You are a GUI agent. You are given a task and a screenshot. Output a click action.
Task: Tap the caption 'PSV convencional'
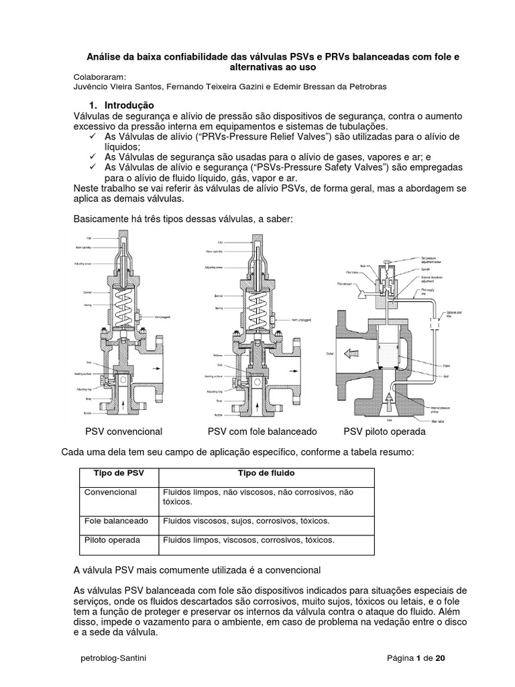click(x=123, y=431)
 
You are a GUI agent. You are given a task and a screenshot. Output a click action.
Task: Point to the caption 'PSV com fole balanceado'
click(x=262, y=431)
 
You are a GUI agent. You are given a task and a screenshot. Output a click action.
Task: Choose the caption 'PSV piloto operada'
click(x=384, y=431)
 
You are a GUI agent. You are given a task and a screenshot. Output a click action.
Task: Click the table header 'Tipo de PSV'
click(x=116, y=473)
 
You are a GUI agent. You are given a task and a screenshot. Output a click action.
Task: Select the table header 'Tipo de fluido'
click(x=266, y=473)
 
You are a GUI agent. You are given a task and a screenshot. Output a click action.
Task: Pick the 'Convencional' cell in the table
click(x=111, y=492)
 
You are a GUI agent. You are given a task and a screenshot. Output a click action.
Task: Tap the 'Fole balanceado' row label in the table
click(x=117, y=521)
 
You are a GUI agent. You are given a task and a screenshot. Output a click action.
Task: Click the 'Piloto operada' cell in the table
click(x=113, y=539)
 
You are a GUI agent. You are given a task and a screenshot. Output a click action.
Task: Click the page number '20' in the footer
click(x=440, y=658)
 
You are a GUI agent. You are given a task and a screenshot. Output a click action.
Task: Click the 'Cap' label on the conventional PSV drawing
click(x=89, y=238)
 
